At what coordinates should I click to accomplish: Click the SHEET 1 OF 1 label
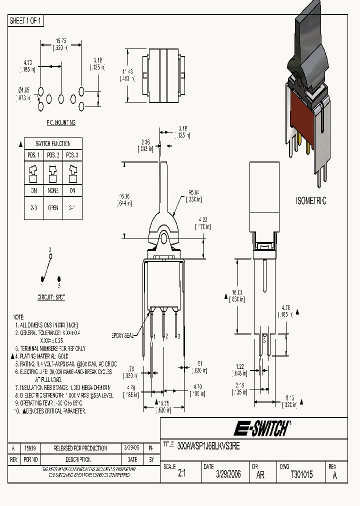click(26, 21)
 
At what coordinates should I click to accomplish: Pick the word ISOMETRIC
click(310, 201)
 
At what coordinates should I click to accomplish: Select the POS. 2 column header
click(53, 155)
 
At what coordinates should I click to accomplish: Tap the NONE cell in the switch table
click(53, 190)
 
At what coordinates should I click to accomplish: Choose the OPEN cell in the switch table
click(53, 208)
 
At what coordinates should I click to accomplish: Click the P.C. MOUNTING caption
click(57, 122)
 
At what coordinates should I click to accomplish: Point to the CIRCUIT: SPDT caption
click(51, 297)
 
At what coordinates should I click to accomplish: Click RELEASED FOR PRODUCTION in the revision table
click(77, 448)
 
